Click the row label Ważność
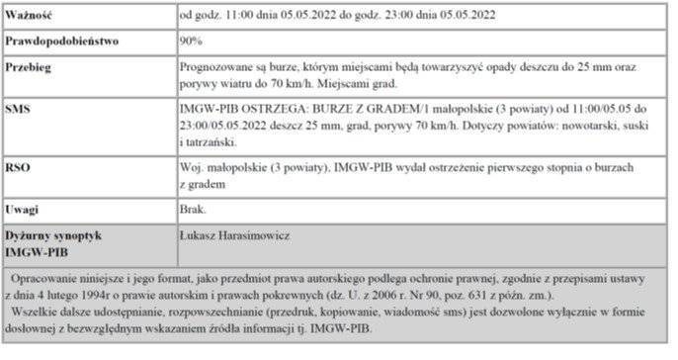tap(30, 16)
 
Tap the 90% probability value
tap(192, 43)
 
